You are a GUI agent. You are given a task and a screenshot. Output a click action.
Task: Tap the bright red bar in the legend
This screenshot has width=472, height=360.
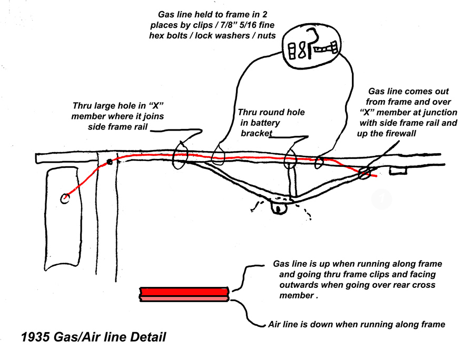tap(184, 292)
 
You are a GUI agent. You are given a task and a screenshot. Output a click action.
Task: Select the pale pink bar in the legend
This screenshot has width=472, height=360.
tap(184, 298)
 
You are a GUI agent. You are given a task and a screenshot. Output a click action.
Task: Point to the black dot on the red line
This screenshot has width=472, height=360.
tap(110, 162)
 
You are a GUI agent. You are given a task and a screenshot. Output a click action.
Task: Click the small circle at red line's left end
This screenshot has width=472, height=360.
tap(65, 199)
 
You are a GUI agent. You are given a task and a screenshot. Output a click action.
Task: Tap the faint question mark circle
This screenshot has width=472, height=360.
tap(381, 199)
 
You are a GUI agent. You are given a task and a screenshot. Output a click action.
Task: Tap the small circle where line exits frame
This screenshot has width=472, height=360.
tap(365, 172)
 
